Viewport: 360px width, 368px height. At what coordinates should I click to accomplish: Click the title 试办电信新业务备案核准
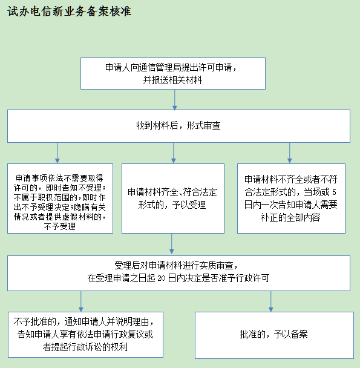69,11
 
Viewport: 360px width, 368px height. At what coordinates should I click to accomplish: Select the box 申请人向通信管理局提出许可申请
173,73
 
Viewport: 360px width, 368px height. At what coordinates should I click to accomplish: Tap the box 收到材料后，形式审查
178,126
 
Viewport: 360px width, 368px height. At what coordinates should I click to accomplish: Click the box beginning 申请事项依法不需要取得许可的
60,199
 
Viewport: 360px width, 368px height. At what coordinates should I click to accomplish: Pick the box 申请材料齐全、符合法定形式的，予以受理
173,199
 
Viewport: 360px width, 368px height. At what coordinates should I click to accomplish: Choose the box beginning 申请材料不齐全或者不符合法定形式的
291,199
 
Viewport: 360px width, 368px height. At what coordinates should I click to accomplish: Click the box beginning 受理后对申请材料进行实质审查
178,273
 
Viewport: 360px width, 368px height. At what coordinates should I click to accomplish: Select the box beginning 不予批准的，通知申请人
85,335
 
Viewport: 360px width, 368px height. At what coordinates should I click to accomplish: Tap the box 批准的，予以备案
274,335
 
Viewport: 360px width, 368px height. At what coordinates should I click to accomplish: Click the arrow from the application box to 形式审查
175,99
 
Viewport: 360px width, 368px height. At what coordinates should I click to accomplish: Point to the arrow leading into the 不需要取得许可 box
57,153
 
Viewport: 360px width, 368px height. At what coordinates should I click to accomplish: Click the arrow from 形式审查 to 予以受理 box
174,153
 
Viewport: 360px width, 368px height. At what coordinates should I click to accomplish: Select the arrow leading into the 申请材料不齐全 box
290,153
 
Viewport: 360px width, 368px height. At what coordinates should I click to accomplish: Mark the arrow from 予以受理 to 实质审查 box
172,243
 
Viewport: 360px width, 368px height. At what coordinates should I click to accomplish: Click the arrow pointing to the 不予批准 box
81,301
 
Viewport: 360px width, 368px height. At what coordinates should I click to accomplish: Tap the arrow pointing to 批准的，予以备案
271,301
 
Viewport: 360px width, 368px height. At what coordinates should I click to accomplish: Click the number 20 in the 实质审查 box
162,278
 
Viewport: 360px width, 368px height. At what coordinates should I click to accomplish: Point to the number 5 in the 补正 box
334,192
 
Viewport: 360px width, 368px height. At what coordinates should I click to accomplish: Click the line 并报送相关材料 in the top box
172,80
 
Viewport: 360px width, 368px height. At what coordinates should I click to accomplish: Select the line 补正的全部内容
291,217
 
